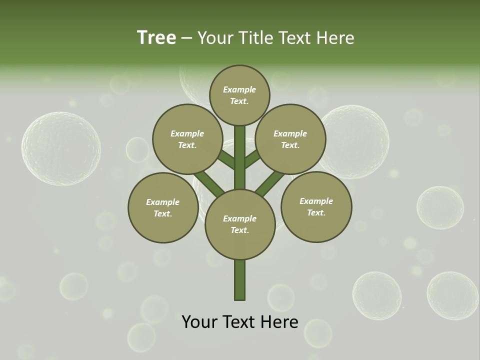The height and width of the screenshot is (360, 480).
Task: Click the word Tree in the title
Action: (156, 37)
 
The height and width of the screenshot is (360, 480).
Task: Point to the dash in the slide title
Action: (187, 38)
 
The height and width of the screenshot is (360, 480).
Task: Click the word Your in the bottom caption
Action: (200, 321)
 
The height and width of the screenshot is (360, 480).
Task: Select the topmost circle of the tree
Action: (239, 95)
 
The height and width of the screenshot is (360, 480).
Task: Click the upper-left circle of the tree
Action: (187, 139)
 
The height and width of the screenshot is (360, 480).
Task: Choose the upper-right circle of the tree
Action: (290, 139)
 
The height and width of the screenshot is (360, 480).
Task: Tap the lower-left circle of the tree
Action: (163, 207)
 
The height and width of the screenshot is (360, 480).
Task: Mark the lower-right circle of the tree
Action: (316, 206)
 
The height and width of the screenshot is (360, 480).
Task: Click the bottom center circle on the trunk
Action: (239, 224)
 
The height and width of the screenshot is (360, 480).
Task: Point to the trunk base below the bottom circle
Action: (239, 280)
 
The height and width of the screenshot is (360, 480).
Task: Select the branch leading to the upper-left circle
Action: (226, 160)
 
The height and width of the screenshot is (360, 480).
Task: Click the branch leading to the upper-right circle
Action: (252, 159)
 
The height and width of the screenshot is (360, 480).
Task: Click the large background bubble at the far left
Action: (61, 148)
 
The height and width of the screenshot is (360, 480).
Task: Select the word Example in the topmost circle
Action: (239, 89)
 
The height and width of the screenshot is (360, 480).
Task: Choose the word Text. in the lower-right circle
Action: (316, 212)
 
